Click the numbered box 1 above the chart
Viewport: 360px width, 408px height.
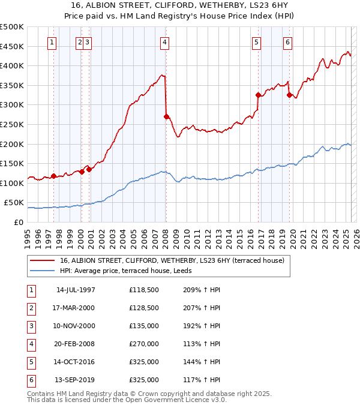53,42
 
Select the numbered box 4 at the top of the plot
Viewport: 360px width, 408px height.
164,42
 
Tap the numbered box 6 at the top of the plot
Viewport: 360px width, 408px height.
288,42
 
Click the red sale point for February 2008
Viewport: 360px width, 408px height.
166,116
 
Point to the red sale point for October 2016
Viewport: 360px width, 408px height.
258,95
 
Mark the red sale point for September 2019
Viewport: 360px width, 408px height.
289,95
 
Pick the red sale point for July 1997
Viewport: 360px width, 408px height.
53,176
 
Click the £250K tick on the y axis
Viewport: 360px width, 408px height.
12,124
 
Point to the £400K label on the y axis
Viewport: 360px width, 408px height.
12,65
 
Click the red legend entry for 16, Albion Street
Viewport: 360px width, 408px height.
167,260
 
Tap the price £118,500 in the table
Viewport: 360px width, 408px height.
144,290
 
